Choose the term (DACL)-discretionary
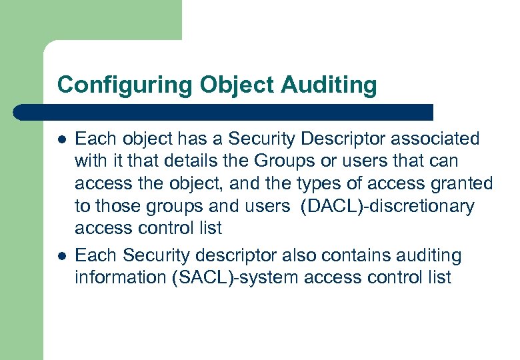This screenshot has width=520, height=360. tap(387, 207)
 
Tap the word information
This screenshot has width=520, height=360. tap(121, 277)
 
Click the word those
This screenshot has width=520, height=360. tap(117, 207)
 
